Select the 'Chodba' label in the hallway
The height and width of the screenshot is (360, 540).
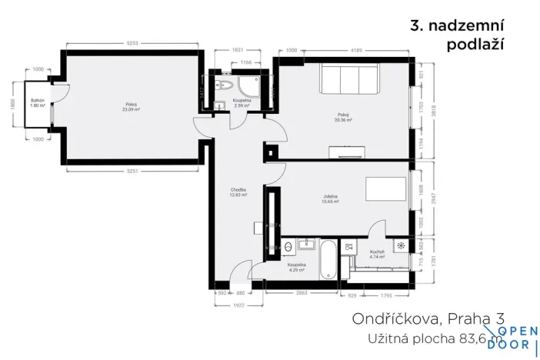(238, 190)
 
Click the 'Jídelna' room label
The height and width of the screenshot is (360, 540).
(332, 198)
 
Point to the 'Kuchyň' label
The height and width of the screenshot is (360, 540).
(376, 252)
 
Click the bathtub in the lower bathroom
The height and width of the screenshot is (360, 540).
(326, 259)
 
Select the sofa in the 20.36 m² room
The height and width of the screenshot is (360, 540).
(349, 78)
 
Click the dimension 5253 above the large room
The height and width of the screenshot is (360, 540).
(132, 44)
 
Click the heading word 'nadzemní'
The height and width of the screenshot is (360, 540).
(466, 25)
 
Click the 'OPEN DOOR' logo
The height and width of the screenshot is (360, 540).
(513, 339)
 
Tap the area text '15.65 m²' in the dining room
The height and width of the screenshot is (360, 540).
(332, 204)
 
